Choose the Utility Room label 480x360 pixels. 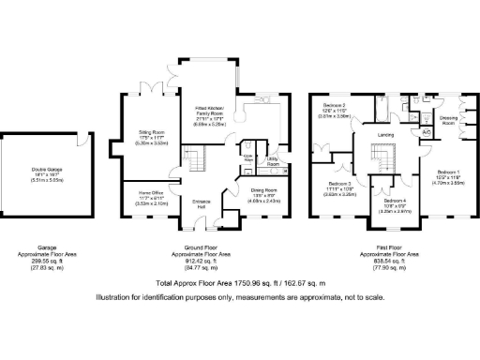[273, 162]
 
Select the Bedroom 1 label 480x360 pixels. [447, 173]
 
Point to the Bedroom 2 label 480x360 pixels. [336, 105]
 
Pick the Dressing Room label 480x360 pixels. [448, 121]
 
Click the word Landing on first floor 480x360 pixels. [385, 135]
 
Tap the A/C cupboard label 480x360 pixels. [427, 132]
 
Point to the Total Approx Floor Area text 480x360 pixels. [239, 282]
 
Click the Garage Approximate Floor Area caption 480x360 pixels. [40, 254]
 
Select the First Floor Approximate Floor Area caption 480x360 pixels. [391, 254]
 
